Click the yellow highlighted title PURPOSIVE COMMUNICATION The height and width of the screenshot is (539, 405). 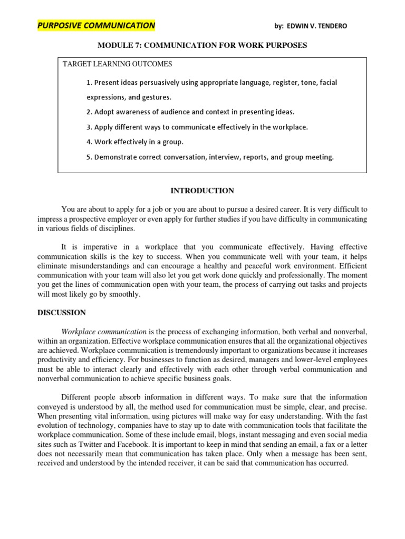[x=96, y=25]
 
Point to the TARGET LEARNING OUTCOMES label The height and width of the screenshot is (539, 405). [x=117, y=64]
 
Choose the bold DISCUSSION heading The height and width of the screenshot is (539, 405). [x=61, y=313]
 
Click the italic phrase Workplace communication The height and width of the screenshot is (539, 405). [x=104, y=332]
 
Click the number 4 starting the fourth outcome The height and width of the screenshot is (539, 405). [x=88, y=142]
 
